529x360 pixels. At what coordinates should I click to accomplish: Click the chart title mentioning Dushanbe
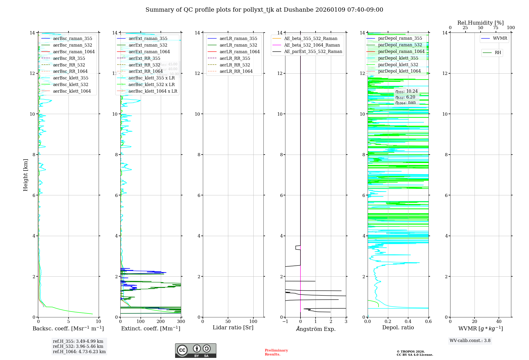coord(264,10)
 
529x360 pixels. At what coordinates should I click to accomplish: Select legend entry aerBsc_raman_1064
coord(74,52)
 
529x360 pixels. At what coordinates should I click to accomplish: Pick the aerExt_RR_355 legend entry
coord(144,58)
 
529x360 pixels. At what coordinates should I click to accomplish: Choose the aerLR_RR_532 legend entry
coord(235,65)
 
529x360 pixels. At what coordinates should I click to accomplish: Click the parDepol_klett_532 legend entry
coord(398,65)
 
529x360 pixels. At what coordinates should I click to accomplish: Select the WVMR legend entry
coord(500,38)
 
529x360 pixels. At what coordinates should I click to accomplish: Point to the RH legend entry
coord(498,53)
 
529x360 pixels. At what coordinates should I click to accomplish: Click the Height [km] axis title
coord(25,175)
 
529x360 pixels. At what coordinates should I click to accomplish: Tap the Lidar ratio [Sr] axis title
coord(233,327)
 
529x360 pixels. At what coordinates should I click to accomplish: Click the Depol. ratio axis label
coord(398,327)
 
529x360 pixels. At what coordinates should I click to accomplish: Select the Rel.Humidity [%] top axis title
coord(480,23)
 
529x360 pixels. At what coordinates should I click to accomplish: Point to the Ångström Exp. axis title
coord(316,329)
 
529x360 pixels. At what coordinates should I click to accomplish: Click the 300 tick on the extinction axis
coord(181,322)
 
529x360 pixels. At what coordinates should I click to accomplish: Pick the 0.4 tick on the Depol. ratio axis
coord(408,322)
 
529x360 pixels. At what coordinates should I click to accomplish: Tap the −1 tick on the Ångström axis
coord(285,322)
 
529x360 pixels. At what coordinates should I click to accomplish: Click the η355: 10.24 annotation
coord(407,91)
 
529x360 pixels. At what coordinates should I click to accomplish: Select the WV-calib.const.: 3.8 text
coord(470,341)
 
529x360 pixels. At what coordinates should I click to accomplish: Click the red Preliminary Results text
coord(276,352)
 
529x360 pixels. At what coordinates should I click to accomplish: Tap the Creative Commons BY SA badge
coord(195,350)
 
